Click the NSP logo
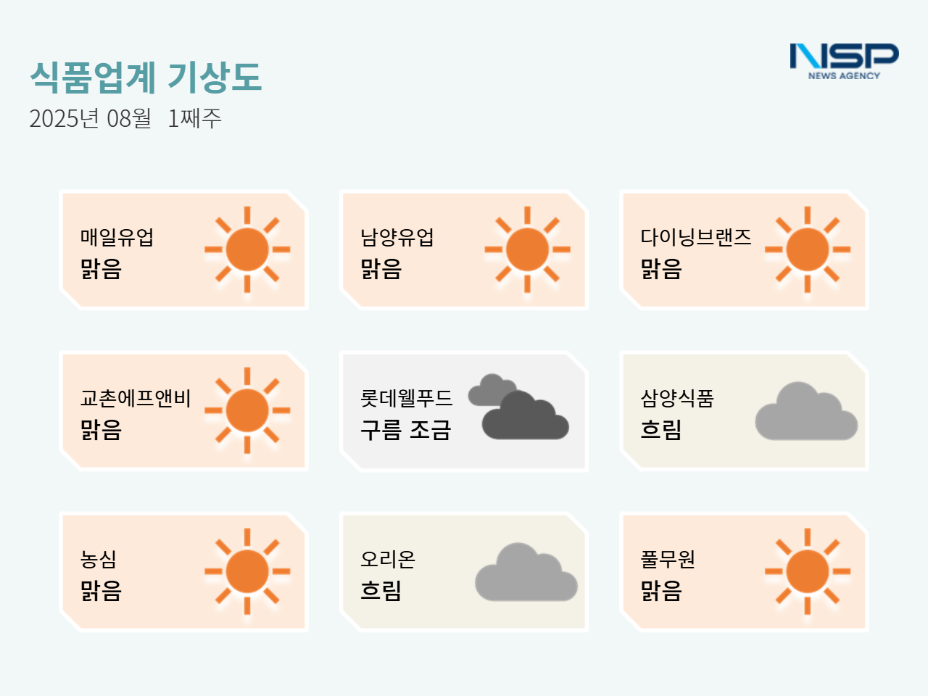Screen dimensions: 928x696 point(844,62)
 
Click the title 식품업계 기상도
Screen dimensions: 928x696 point(146,77)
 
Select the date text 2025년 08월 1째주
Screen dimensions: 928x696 point(125,118)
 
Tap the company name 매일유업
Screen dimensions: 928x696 point(117,237)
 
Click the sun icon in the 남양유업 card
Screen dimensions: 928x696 point(527,249)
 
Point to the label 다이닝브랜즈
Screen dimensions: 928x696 point(696,237)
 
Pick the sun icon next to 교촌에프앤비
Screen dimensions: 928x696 point(247,410)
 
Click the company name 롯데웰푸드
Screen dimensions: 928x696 point(406,398)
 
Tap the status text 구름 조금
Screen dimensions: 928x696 point(405,430)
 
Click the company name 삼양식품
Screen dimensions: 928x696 point(677,398)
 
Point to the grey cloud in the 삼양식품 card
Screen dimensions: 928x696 point(806,411)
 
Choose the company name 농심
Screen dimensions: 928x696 point(98,559)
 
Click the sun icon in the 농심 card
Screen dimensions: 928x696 point(247,571)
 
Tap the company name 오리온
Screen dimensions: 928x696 point(388,559)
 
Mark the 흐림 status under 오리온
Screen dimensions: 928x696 point(381,591)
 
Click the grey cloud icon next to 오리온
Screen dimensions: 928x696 point(526,572)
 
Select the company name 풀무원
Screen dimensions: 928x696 point(668,559)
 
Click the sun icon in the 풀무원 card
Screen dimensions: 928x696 point(808,571)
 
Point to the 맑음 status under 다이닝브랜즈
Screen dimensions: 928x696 point(660,269)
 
